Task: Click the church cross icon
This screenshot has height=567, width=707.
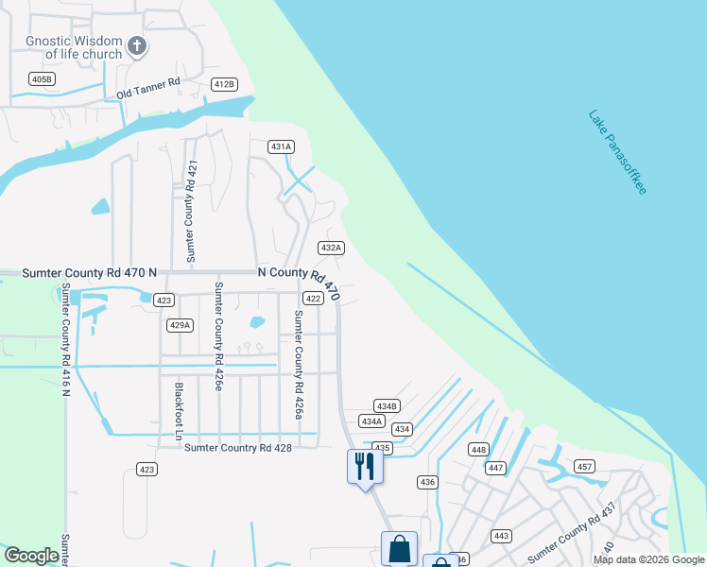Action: tap(137, 45)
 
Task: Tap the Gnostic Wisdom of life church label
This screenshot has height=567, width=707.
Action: tap(75, 47)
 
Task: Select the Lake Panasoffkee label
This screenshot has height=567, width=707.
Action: tap(617, 152)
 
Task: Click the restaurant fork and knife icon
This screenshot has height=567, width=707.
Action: tap(364, 466)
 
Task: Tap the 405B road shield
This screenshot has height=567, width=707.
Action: tap(42, 78)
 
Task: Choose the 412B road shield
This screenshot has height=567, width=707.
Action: tap(224, 84)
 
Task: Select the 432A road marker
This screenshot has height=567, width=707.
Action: tap(330, 248)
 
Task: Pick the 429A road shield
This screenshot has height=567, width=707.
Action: tap(180, 325)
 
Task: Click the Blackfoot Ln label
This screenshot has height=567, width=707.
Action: tap(177, 412)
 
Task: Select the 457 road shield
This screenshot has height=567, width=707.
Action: tap(584, 467)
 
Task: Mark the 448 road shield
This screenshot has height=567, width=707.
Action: tap(479, 450)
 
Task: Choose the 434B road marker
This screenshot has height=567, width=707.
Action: tap(387, 405)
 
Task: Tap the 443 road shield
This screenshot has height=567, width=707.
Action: tap(501, 536)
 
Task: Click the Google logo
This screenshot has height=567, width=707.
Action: tap(31, 556)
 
